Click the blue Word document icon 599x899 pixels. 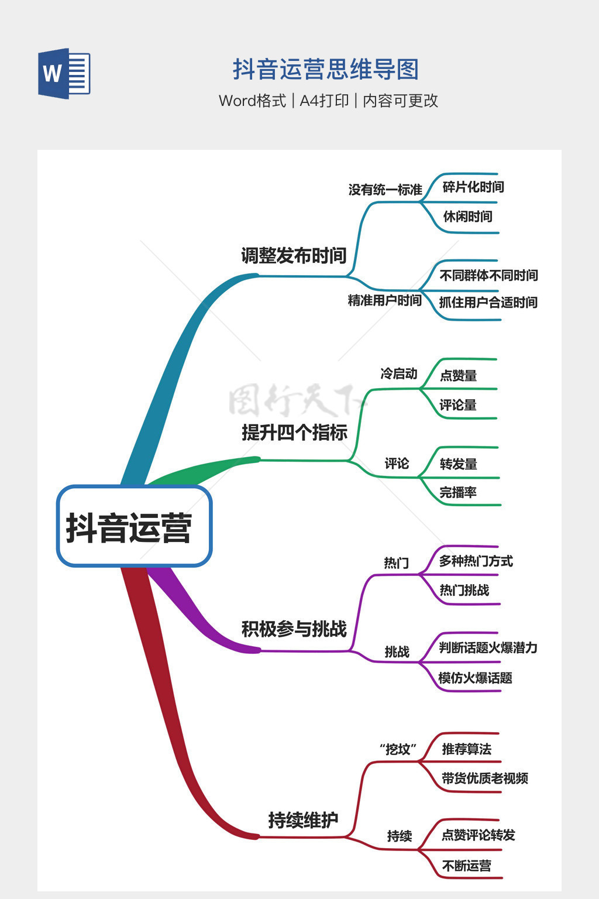coord(64,73)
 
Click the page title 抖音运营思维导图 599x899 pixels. coord(326,70)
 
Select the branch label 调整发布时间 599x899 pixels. coord(294,256)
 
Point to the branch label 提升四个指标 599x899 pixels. coord(294,433)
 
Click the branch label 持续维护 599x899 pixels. coord(304,820)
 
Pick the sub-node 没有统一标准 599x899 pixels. coord(385,190)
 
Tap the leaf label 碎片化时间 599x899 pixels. coord(473,187)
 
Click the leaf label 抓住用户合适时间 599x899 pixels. coord(488,302)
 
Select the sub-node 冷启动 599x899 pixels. coord(399,373)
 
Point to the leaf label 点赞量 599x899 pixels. coord(459,376)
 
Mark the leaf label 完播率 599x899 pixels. coord(458,492)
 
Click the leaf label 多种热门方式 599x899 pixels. coord(476,561)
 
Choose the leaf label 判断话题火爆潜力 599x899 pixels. coord(488,647)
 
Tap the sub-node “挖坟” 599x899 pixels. coord(398,749)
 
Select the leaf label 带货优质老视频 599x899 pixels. coord(485,778)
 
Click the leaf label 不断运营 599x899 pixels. coord(467,866)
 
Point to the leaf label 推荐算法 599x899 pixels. coord(467,749)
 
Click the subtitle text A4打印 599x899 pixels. coord(324,100)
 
